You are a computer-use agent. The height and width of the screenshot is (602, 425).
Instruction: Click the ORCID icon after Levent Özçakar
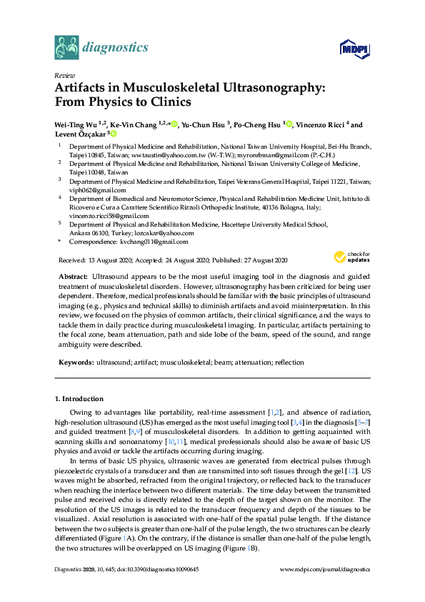[x=114, y=133]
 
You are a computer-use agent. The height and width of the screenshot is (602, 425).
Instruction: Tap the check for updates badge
[x=351, y=257]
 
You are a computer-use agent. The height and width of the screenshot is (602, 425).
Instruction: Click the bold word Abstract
[x=71, y=275]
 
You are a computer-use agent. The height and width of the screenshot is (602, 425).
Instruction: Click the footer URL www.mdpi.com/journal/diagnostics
[x=325, y=570]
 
